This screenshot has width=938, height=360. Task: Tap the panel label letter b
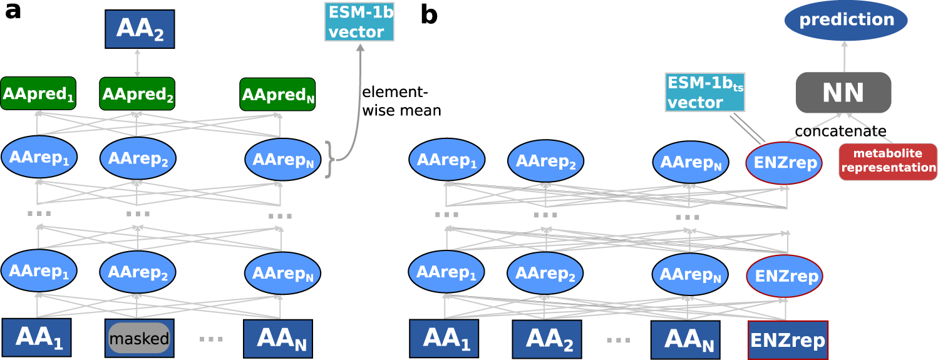click(x=428, y=15)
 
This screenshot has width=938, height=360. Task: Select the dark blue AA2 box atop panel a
click(x=139, y=29)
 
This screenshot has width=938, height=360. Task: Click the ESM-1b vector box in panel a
click(x=359, y=22)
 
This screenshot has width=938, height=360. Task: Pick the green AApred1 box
click(x=38, y=93)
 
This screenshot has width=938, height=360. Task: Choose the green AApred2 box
click(x=137, y=93)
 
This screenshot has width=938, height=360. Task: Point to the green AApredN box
click(x=277, y=95)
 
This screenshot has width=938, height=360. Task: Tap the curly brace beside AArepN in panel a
click(x=329, y=160)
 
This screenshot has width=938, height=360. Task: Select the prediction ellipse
click(x=845, y=19)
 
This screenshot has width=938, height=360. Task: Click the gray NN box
click(x=843, y=93)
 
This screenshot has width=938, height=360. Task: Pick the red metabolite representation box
click(x=888, y=162)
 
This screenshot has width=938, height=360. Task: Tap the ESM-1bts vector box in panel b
click(x=705, y=92)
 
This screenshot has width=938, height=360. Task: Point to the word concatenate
click(x=840, y=131)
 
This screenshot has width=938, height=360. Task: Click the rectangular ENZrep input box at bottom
click(x=788, y=340)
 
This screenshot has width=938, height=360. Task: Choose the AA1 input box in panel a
click(x=36, y=337)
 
